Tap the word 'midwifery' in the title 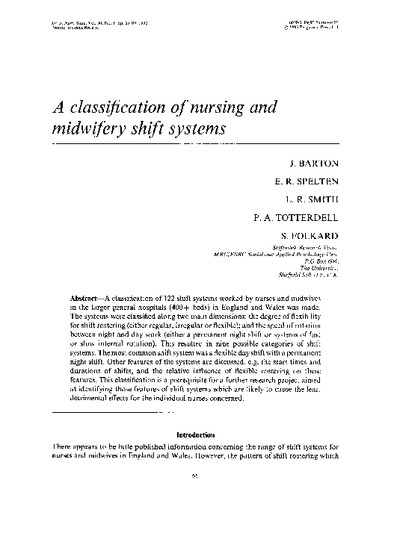85,129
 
